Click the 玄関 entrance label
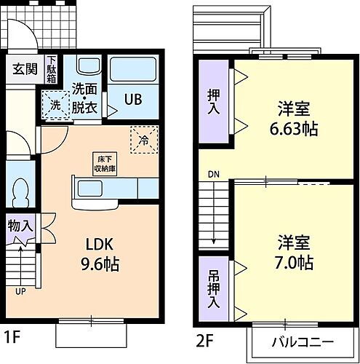tap(22, 70)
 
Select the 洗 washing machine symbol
tap(55, 105)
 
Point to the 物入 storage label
tap(20, 226)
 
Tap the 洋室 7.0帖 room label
tap(295, 251)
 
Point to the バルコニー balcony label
tap(303, 342)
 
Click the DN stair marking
tap(212, 175)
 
